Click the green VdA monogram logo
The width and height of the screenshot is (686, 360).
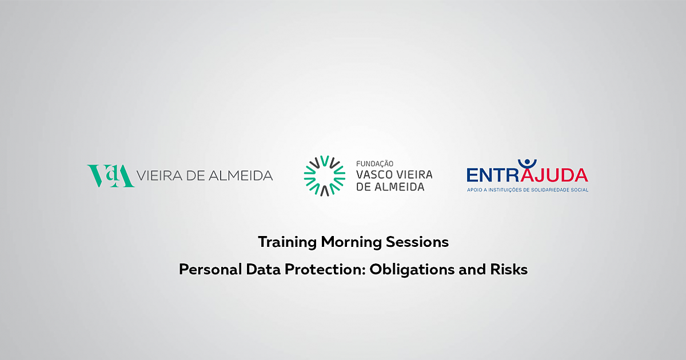pyautogui.click(x=110, y=176)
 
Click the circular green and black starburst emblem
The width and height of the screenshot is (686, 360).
pyautogui.click(x=325, y=176)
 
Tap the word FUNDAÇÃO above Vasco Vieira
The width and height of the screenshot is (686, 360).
pyautogui.click(x=375, y=164)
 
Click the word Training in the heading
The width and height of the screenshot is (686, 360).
pyautogui.click(x=287, y=242)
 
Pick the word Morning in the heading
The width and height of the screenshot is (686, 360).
pyautogui.click(x=351, y=242)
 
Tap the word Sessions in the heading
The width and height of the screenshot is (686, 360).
pyautogui.click(x=417, y=242)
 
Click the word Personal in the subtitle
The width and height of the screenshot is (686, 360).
pyautogui.click(x=210, y=269)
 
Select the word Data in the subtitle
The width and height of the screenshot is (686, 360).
pyautogui.click(x=264, y=269)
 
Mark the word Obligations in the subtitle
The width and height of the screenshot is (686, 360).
pyautogui.click(x=412, y=270)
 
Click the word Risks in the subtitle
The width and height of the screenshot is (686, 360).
pyautogui.click(x=509, y=269)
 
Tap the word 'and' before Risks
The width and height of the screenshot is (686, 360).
pyautogui.click(x=472, y=269)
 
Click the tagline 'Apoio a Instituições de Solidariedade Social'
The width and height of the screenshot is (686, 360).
pyautogui.click(x=527, y=190)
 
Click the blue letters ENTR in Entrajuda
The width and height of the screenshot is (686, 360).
pyautogui.click(x=493, y=175)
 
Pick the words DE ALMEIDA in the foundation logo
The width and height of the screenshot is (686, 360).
pyautogui.click(x=390, y=187)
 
